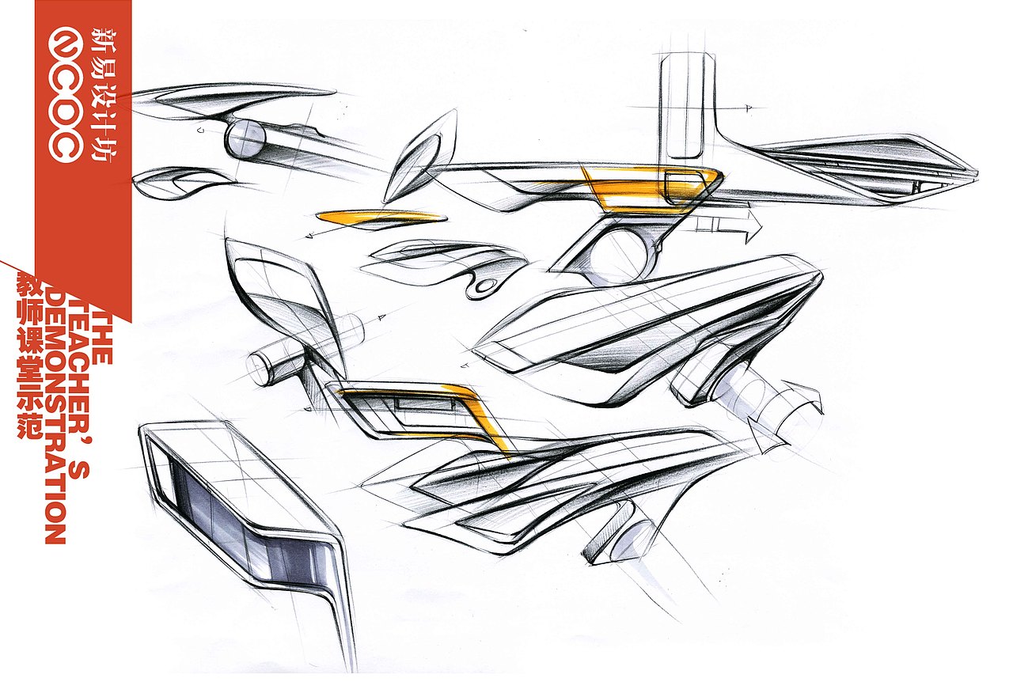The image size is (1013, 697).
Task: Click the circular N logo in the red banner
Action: point(66,45)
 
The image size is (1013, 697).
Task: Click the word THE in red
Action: point(102,343)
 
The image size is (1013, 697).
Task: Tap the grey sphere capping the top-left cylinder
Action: point(246,138)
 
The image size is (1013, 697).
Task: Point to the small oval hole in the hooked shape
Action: point(486,286)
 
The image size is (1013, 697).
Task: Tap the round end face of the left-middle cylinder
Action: point(259,369)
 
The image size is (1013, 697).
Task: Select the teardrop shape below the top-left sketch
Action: point(183,183)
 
